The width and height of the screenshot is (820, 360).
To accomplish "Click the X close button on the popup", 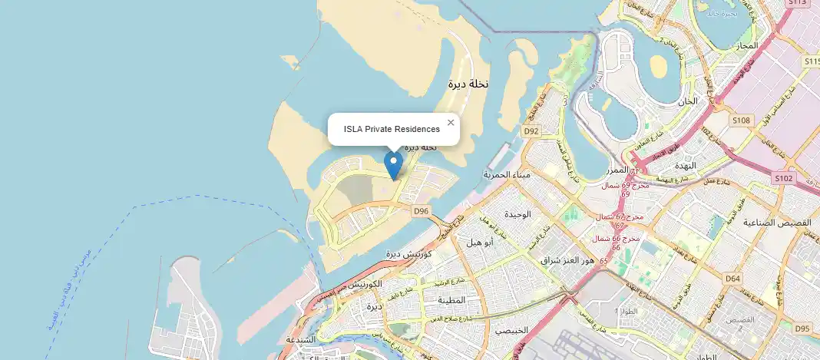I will [451, 122].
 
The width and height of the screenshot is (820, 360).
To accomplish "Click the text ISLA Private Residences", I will [392, 129].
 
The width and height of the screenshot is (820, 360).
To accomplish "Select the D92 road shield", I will [532, 131].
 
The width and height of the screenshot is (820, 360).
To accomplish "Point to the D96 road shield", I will [421, 210].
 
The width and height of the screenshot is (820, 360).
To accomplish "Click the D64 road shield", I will [732, 279].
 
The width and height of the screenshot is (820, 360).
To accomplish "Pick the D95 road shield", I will [802, 329].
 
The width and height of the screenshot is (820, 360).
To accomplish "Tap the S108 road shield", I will [741, 121].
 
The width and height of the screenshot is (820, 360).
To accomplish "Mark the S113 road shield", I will [798, 3].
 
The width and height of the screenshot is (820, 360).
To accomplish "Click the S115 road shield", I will [812, 61].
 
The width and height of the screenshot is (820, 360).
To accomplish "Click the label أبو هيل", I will [481, 242].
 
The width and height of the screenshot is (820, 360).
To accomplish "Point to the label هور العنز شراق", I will [568, 260].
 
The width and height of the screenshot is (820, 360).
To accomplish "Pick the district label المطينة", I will [452, 300].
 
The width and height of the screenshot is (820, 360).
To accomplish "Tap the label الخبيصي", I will [511, 330].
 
